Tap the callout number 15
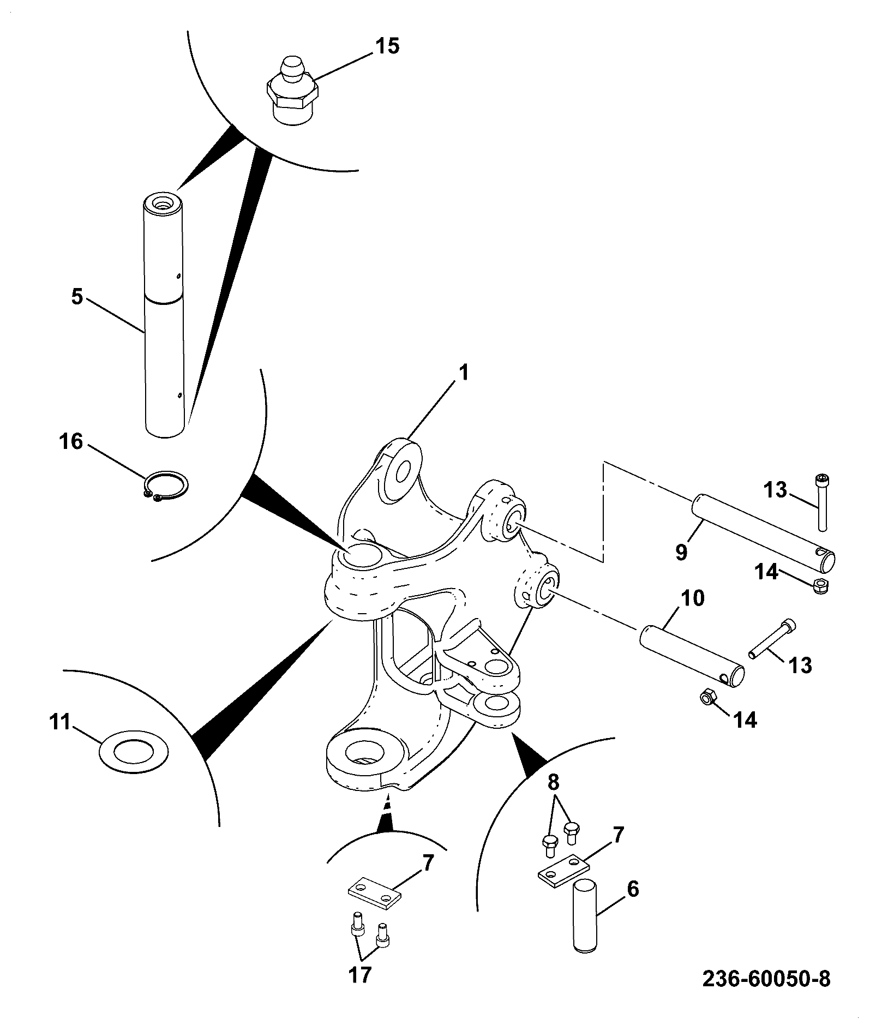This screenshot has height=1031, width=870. coord(386,46)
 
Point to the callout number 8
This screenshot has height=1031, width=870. coord(554,783)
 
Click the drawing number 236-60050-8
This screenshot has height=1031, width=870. coord(766,978)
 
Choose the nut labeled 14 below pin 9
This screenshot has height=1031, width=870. coord(821,586)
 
